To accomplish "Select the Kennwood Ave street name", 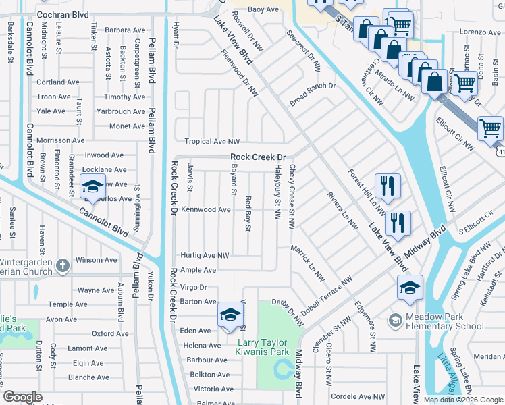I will click(x=205, y=210).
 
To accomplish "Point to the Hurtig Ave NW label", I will click(x=205, y=256).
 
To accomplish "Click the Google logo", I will click(x=22, y=397).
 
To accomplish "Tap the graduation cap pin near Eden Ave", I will click(x=230, y=315).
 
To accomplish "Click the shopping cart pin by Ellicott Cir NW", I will click(x=490, y=128).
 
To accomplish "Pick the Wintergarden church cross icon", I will click(x=63, y=265).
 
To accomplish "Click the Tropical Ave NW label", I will click(x=213, y=142).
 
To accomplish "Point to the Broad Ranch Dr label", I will click(x=313, y=86).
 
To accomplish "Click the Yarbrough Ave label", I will click(x=121, y=111).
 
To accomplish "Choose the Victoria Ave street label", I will click(x=213, y=389).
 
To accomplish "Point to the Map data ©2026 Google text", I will click(x=463, y=400).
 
